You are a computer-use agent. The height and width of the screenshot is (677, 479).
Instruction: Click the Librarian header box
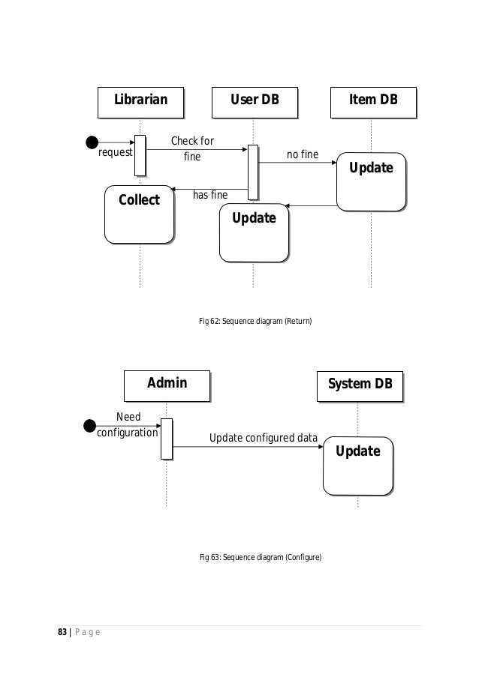(140, 101)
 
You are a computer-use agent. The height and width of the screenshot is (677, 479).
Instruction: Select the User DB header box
(253, 101)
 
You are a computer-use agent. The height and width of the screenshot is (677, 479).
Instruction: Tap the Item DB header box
(372, 101)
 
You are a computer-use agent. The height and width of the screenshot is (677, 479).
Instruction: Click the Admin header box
(167, 385)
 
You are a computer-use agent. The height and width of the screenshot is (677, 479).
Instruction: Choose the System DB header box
(360, 385)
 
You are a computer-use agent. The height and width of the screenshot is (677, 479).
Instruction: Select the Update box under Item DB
(371, 181)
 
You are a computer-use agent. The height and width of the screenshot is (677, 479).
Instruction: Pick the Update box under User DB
(253, 232)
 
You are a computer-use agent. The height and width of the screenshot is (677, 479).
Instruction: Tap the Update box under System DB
(357, 465)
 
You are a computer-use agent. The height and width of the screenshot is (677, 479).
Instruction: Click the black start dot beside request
(92, 142)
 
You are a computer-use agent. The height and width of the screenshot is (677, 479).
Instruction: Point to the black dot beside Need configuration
(90, 426)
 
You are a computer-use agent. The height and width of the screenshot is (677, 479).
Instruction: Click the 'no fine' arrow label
(303, 155)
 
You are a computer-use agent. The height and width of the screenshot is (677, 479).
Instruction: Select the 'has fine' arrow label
(210, 195)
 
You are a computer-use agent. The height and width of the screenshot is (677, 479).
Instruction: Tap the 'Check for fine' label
(192, 149)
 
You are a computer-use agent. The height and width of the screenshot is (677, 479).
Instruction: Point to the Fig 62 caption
(255, 321)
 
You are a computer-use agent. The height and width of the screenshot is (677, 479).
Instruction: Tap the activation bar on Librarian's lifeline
(140, 155)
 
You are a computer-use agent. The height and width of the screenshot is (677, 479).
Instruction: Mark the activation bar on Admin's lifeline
(167, 438)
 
